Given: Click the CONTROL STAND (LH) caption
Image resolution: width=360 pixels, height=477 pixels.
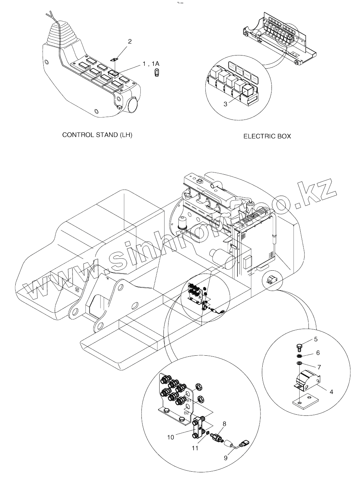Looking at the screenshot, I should [97, 135].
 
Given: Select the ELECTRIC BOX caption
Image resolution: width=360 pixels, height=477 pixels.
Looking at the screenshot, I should [267, 136].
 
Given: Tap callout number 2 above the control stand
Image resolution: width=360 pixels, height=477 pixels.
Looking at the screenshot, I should [130, 42].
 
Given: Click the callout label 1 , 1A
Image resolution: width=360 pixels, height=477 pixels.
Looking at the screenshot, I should [151, 64].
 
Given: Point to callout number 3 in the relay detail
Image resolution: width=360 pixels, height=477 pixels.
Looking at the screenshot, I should [225, 104].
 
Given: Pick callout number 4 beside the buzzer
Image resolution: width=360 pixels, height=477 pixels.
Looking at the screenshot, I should [331, 392].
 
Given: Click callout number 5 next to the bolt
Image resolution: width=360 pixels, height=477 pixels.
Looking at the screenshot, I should [316, 339].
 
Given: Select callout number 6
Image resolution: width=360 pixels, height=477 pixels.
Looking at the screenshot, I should [318, 353].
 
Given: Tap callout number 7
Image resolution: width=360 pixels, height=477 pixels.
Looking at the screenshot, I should [319, 366].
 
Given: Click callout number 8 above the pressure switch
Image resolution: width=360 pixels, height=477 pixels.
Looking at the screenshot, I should [224, 424].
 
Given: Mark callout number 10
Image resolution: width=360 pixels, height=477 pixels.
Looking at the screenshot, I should [171, 437].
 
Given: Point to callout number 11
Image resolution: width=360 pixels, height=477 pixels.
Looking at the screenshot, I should [195, 448].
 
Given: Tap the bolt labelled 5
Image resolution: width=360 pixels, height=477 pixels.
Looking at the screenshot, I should [299, 346].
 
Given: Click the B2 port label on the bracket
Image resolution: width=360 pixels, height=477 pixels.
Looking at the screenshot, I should [186, 413].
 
